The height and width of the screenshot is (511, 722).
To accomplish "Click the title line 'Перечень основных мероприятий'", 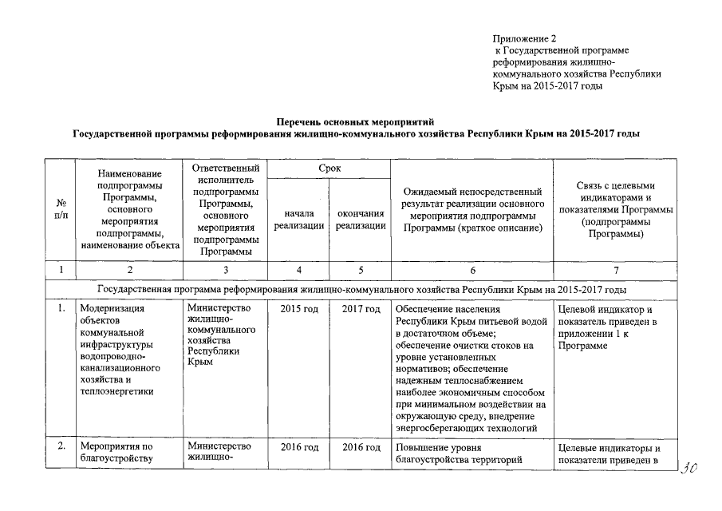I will [x=354, y=122].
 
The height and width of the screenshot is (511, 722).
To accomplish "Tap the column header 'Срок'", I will [x=329, y=168].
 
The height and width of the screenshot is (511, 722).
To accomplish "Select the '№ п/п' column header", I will [x=60, y=210].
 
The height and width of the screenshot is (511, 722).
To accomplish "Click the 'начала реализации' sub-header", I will [x=298, y=220].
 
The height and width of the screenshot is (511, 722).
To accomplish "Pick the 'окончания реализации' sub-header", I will [x=361, y=220].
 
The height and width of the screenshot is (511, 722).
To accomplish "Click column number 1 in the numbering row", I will [x=60, y=269].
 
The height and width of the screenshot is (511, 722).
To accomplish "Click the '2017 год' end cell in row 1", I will [x=361, y=310].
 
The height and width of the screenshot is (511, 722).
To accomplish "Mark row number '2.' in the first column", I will [x=60, y=446].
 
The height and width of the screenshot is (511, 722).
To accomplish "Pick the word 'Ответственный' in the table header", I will [x=226, y=168].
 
